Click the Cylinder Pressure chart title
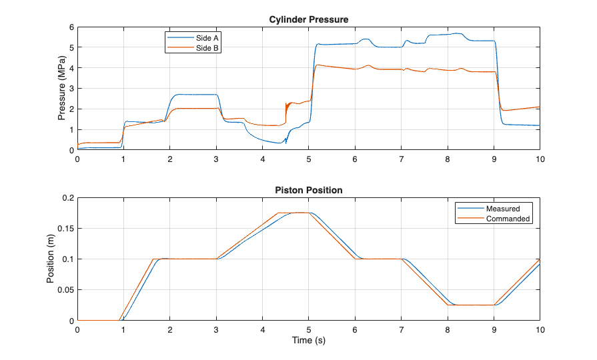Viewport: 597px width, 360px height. [x=308, y=19]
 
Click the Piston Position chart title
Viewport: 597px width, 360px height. [x=308, y=190]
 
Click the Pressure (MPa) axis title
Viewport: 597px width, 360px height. [x=61, y=89]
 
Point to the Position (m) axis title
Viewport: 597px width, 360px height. [x=51, y=259]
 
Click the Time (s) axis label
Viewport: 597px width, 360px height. [x=308, y=340]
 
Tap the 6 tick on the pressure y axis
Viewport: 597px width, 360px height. [x=71, y=27]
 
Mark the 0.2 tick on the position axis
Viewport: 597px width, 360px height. [x=66, y=198]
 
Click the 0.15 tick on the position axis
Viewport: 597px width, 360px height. [x=64, y=229]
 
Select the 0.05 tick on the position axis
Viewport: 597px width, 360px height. [x=64, y=290]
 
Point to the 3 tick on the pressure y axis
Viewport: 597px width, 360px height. [x=71, y=89]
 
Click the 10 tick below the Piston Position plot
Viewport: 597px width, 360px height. [x=539, y=329]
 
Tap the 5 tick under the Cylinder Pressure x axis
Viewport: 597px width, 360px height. [x=308, y=159]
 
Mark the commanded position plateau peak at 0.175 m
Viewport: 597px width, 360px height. [x=293, y=213]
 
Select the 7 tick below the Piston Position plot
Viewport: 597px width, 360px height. [x=401, y=329]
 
